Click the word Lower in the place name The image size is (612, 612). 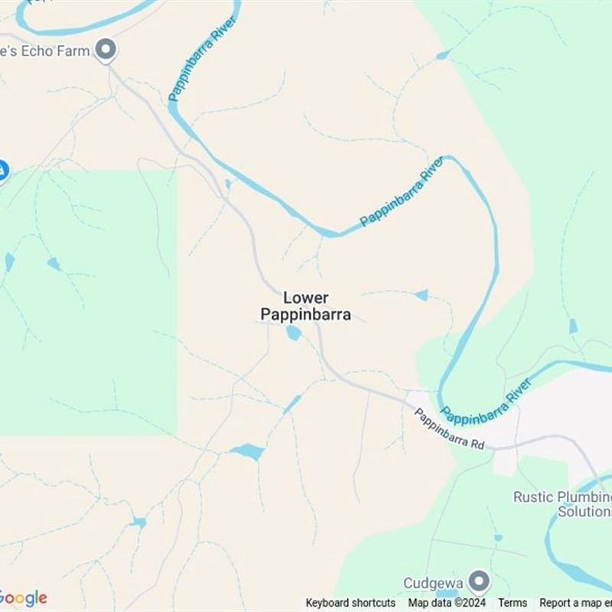click(306, 298)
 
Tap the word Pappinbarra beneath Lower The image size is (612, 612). click(306, 314)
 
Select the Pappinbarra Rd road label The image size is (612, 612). click(449, 428)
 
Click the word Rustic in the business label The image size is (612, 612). click(533, 497)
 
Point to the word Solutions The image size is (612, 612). click(584, 511)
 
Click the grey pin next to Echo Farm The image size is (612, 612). click(106, 50)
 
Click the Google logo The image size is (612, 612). click(23, 598)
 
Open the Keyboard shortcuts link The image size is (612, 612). click(350, 603)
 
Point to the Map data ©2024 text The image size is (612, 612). click(447, 603)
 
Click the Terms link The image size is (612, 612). click(513, 603)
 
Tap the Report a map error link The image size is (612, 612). click(575, 603)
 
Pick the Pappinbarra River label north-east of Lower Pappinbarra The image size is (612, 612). click(402, 192)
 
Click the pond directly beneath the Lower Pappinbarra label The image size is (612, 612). click(293, 333)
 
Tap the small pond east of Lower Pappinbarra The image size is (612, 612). click(422, 295)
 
